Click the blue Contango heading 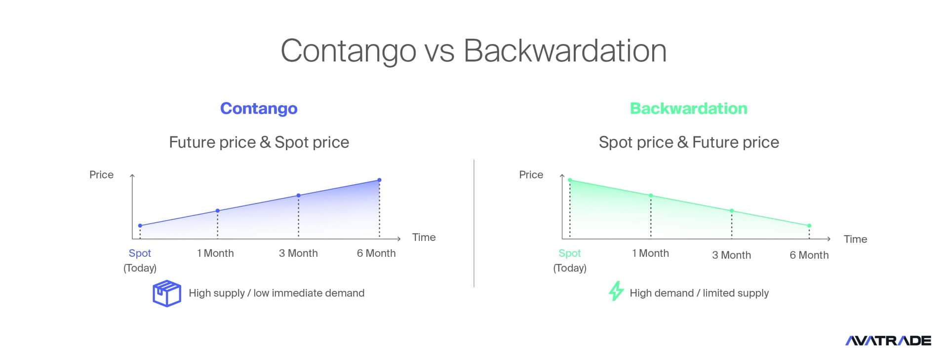[259, 109]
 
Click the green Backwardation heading [689, 109]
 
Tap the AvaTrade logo [888, 340]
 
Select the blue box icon [167, 293]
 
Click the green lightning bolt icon [616, 291]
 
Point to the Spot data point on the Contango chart [140, 226]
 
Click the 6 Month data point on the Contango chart [379, 180]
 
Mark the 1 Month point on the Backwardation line [651, 196]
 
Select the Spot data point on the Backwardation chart [570, 180]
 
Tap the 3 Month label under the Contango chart [298, 253]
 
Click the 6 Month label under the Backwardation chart [809, 255]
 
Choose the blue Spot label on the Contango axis [140, 253]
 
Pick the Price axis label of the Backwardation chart [531, 175]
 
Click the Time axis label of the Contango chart [424, 238]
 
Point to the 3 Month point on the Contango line [298, 196]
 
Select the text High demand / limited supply [699, 293]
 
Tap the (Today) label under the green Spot [570, 268]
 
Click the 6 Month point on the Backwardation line [809, 226]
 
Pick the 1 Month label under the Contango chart [215, 253]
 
